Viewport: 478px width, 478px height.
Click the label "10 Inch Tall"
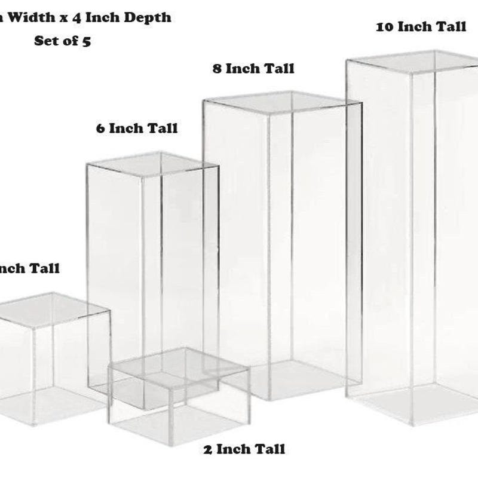pos(421,27)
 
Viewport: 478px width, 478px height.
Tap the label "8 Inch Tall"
pos(253,69)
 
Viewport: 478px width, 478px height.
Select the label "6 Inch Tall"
pos(137,128)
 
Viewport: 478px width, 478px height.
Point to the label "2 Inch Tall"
pos(244,449)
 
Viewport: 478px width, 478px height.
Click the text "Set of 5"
pos(62,41)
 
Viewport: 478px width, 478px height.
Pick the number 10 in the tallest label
pos(385,27)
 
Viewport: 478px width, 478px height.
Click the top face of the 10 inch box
pos(412,61)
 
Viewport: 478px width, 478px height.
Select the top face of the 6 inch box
pos(153,164)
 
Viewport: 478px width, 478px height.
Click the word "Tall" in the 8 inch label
pos(278,69)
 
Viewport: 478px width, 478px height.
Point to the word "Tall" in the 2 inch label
pos(269,449)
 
